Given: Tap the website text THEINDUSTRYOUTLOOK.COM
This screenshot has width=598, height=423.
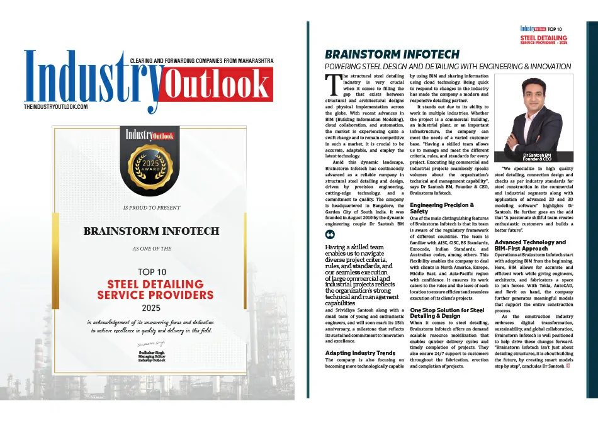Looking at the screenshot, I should [55, 107].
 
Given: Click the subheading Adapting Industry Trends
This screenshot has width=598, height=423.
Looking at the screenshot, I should [361, 353].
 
